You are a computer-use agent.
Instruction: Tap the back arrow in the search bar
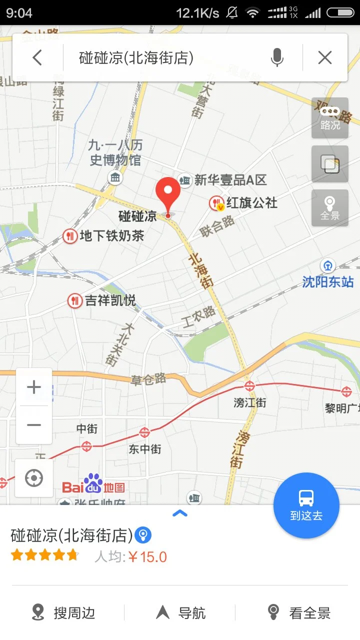tap(37, 58)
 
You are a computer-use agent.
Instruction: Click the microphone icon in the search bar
tap(277, 58)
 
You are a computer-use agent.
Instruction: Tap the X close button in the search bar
tap(325, 58)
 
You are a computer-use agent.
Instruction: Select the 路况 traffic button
tap(330, 118)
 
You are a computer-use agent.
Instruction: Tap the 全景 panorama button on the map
tap(330, 208)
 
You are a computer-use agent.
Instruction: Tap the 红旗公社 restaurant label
tap(251, 202)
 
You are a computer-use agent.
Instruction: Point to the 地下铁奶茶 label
tap(111, 235)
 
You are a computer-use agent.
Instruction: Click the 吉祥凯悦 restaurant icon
tap(75, 300)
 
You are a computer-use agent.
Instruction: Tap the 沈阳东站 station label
tap(328, 281)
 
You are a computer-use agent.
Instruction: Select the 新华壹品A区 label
tap(230, 180)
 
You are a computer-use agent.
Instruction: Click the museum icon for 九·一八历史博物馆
tap(115, 177)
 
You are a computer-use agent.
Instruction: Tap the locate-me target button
tap(34, 478)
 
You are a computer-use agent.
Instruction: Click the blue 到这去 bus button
tap(306, 505)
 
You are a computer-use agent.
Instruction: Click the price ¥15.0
tap(147, 556)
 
